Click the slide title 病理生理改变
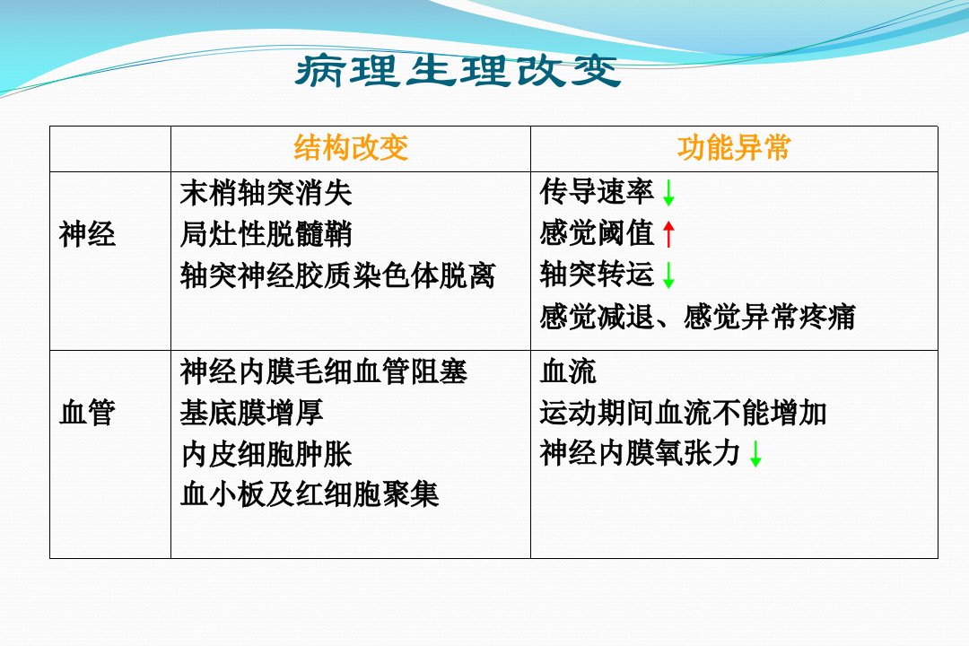pyautogui.click(x=458, y=71)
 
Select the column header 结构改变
pyautogui.click(x=351, y=148)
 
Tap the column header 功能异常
pyautogui.click(x=734, y=148)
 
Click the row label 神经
pyautogui.click(x=87, y=235)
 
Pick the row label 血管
pyautogui.click(x=87, y=413)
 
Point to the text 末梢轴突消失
pyautogui.click(x=266, y=193)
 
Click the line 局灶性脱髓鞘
pyautogui.click(x=266, y=234)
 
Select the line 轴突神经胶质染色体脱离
pyautogui.click(x=338, y=275)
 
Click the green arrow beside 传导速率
pyautogui.click(x=668, y=193)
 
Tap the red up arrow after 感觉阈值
pyautogui.click(x=668, y=234)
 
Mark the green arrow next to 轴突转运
pyautogui.click(x=668, y=275)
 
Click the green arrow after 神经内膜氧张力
pyautogui.click(x=755, y=454)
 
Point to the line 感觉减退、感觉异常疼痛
pyautogui.click(x=698, y=317)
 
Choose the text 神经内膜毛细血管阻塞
pyautogui.click(x=324, y=371)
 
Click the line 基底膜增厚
pyautogui.click(x=251, y=413)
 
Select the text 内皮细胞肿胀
pyautogui.click(x=266, y=454)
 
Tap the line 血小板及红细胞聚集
pyautogui.click(x=310, y=494)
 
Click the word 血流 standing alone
pyautogui.click(x=568, y=371)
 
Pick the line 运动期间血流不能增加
pyautogui.click(x=683, y=413)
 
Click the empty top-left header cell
pyautogui.click(x=110, y=149)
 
